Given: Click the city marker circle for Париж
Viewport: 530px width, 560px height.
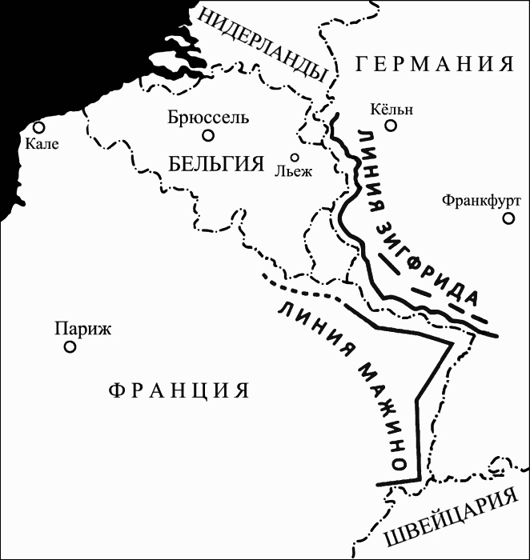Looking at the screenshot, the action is tap(70, 346).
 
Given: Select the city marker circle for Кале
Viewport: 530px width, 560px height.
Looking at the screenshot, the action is tap(38, 127).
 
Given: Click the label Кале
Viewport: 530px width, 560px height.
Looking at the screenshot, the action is tap(42, 144).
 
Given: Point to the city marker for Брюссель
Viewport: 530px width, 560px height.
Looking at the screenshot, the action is tap(208, 135).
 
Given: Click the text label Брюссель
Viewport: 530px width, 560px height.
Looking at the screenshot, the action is tap(208, 118).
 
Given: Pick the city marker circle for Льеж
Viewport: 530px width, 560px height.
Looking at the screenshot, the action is tap(295, 158).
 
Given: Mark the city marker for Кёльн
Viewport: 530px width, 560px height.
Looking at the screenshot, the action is tap(391, 125).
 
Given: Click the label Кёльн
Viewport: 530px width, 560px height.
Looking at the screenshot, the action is tap(392, 109).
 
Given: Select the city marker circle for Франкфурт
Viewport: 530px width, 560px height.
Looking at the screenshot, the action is tap(508, 218).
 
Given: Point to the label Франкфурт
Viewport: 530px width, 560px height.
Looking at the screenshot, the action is tap(481, 201).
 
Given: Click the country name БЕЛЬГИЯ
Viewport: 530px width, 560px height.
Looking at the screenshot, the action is tap(217, 164).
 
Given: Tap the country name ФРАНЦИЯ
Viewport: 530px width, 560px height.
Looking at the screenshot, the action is tap(179, 390).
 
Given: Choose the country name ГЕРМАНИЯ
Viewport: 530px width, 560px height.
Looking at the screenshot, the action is tap(434, 65).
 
